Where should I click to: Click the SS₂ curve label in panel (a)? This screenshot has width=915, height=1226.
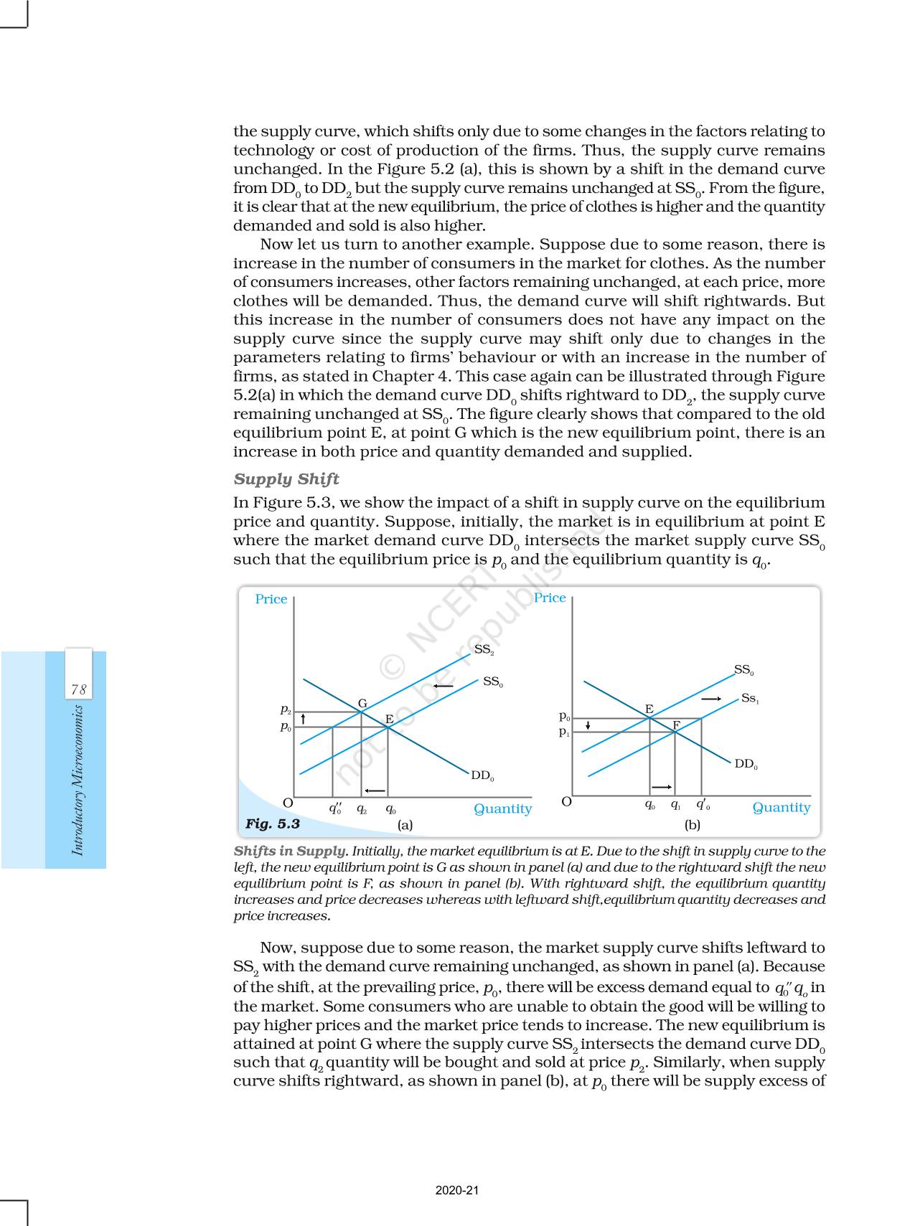484,650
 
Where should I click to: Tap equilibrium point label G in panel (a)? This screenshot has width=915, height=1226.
362,704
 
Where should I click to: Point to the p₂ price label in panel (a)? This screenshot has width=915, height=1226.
286,709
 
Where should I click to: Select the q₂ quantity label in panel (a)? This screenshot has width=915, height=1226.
362,808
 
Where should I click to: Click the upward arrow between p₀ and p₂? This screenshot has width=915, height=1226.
304,718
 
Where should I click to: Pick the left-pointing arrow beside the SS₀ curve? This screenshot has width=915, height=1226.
444,687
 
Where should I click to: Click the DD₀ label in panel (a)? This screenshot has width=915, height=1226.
482,775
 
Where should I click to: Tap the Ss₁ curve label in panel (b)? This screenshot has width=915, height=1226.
750,698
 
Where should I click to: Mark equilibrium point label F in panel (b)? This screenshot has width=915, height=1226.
676,725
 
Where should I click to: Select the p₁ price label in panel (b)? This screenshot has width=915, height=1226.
565,732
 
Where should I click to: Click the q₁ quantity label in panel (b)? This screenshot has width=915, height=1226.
675,805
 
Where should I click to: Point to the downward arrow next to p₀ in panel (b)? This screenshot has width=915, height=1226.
588,725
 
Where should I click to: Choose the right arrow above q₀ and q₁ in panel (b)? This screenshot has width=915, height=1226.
662,787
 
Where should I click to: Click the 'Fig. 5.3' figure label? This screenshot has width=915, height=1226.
273,824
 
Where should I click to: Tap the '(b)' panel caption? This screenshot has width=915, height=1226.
692,825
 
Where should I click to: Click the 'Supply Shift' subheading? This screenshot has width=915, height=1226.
286,479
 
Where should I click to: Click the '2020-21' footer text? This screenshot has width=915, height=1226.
457,1190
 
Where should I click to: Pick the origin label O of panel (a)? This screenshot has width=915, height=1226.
288,803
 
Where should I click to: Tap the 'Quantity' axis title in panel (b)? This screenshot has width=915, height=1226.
781,808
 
